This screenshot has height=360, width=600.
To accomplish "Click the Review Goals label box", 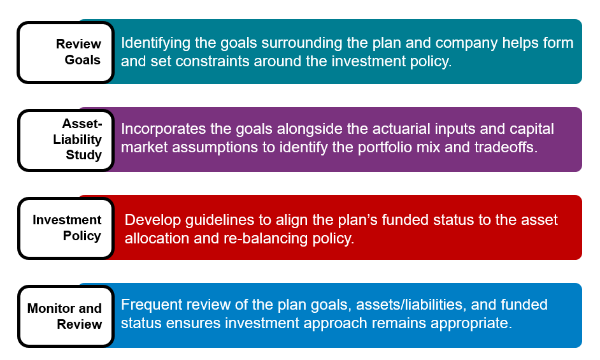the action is [66, 52].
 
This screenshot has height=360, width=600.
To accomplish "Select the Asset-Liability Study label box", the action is [66, 140].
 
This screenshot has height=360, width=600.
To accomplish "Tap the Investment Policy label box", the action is [66, 228].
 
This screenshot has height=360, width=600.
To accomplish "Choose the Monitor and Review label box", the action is [66, 316].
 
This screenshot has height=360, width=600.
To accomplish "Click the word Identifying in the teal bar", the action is [155, 43].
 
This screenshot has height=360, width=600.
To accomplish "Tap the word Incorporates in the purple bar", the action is [164, 129].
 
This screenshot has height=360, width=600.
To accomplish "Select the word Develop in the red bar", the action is [153, 220].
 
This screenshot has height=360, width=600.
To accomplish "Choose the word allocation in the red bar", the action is [157, 238].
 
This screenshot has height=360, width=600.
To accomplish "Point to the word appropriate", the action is [471, 323].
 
